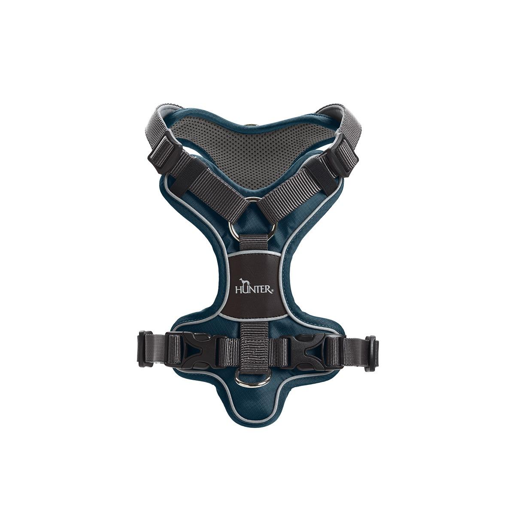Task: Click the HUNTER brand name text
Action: pos(254,290)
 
